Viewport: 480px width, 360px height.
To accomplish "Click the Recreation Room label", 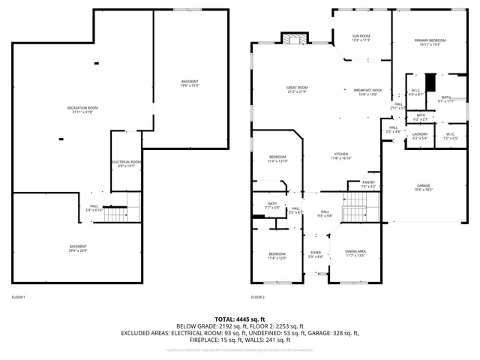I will point(83,109).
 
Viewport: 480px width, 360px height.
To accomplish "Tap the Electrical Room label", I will point(127,163).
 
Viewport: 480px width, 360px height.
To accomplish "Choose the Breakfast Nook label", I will point(368,92).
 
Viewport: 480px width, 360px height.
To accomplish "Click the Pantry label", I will point(368,184).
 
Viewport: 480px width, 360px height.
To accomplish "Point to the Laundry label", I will point(420,136).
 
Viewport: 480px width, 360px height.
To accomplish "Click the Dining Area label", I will point(355,253).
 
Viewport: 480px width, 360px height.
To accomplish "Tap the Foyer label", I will point(316,254).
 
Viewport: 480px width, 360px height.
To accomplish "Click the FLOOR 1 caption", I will point(18,298).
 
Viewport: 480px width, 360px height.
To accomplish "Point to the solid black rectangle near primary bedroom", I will point(430,82).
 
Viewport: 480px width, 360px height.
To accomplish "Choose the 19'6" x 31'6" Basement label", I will point(190,82).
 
